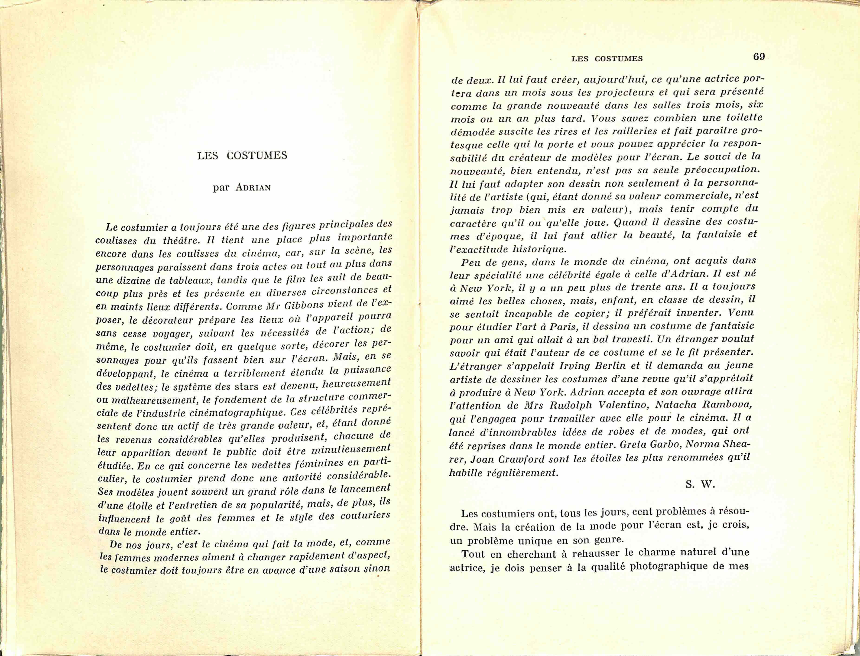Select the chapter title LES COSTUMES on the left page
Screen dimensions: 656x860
(x=242, y=155)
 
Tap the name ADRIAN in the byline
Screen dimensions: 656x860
(x=253, y=187)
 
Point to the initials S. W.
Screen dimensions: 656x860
(x=700, y=485)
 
